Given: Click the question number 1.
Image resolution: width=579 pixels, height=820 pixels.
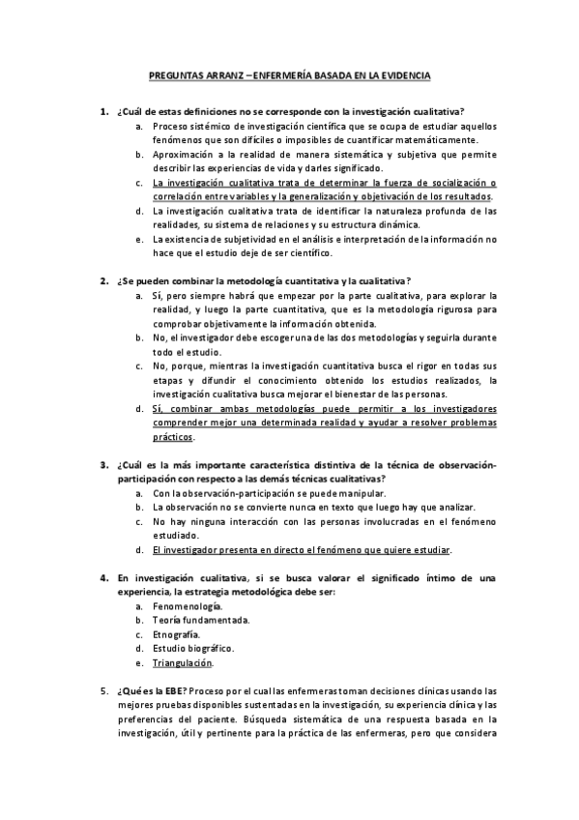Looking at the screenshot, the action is coord(103,112).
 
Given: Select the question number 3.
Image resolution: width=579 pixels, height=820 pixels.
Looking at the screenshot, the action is coord(103,465).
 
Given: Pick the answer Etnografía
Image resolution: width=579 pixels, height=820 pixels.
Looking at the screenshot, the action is coord(176,634).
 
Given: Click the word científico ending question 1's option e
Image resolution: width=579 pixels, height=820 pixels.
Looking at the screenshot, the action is coord(303,253).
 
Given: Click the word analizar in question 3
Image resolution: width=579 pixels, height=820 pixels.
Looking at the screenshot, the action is coord(453,508).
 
